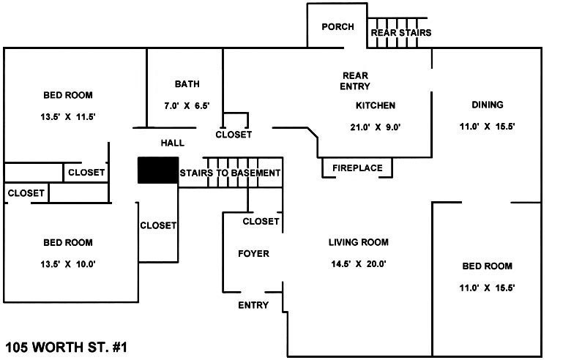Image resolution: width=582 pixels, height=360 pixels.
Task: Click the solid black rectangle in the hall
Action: click(x=158, y=170)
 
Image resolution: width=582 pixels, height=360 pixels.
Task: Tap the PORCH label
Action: click(x=337, y=27)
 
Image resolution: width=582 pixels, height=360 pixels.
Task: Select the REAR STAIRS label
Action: click(x=400, y=33)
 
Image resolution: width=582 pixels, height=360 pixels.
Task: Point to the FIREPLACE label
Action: click(x=357, y=168)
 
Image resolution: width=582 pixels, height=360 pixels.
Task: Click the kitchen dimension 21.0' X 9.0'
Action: click(x=376, y=127)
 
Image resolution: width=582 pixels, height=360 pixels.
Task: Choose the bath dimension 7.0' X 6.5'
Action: click(x=187, y=106)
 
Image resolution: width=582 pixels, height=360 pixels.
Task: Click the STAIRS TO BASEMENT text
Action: click(x=230, y=173)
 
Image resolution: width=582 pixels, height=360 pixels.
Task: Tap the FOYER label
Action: click(x=254, y=254)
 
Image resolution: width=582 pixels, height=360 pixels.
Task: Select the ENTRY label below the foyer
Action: click(x=253, y=305)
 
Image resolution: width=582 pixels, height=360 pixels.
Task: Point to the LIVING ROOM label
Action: click(x=358, y=243)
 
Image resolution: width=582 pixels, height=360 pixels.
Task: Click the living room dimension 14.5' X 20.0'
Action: click(x=357, y=264)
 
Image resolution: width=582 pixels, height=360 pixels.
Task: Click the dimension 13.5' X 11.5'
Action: click(x=68, y=117)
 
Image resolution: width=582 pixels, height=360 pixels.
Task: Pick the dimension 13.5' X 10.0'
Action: click(x=68, y=264)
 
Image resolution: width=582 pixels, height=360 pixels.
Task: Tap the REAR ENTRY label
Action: click(x=355, y=80)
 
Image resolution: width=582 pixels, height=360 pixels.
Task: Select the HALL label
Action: click(x=173, y=143)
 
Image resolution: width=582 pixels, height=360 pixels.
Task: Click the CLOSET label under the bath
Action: click(x=234, y=135)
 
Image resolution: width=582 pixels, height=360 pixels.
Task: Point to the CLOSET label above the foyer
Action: click(x=261, y=221)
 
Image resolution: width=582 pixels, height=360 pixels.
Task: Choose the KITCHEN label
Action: click(x=376, y=105)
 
